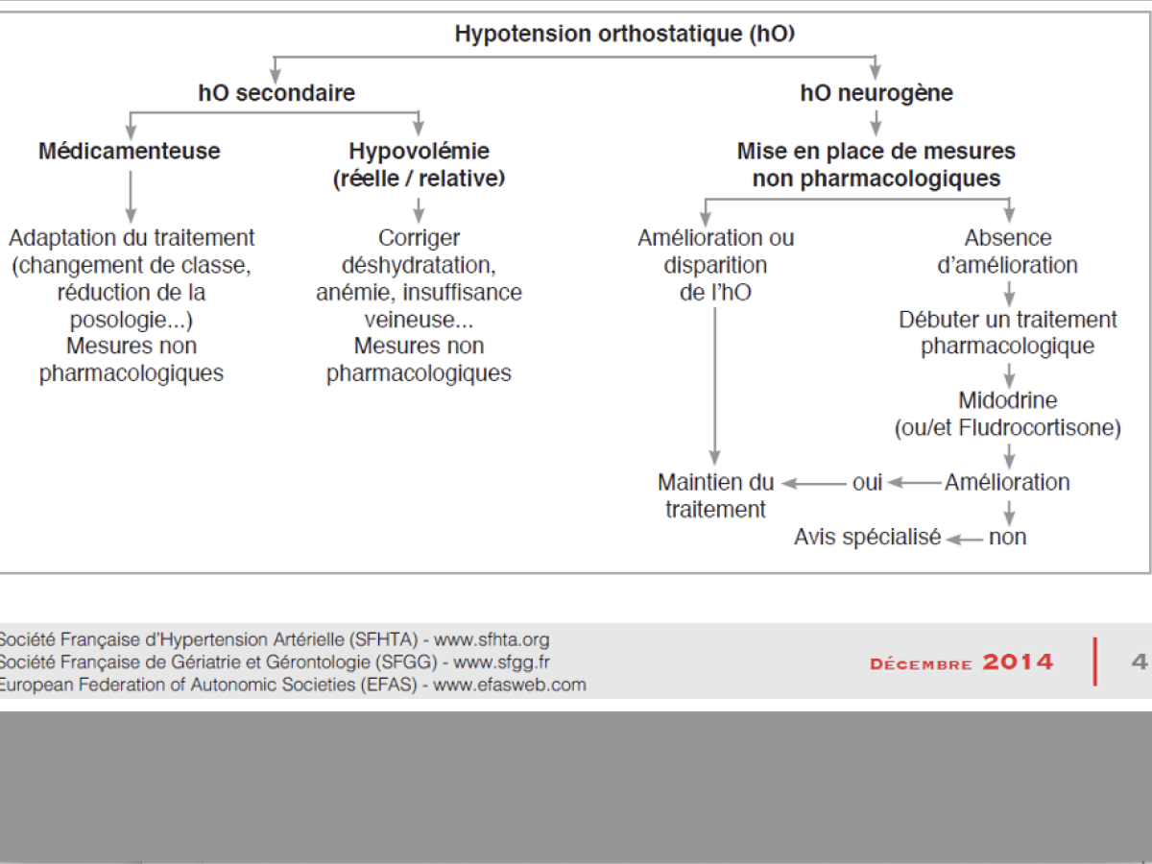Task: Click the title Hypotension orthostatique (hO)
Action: click(x=624, y=35)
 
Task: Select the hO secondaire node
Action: click(x=276, y=93)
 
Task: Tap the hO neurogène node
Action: click(x=876, y=93)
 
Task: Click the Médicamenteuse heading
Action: click(x=130, y=151)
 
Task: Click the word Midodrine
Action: click(x=1007, y=399)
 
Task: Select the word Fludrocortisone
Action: click(x=1048, y=428)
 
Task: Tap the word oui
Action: click(x=867, y=482)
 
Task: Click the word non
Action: click(x=1007, y=538)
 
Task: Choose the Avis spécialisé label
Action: click(x=867, y=538)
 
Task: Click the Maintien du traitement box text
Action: click(x=716, y=495)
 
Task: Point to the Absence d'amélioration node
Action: click(x=1007, y=252)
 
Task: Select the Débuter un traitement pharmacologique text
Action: click(x=1007, y=332)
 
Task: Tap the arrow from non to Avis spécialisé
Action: click(x=964, y=539)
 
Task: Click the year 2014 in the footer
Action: click(x=1019, y=662)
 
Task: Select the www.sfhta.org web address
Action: click(x=492, y=639)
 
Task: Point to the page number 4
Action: click(x=1140, y=661)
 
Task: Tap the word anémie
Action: click(x=354, y=292)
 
